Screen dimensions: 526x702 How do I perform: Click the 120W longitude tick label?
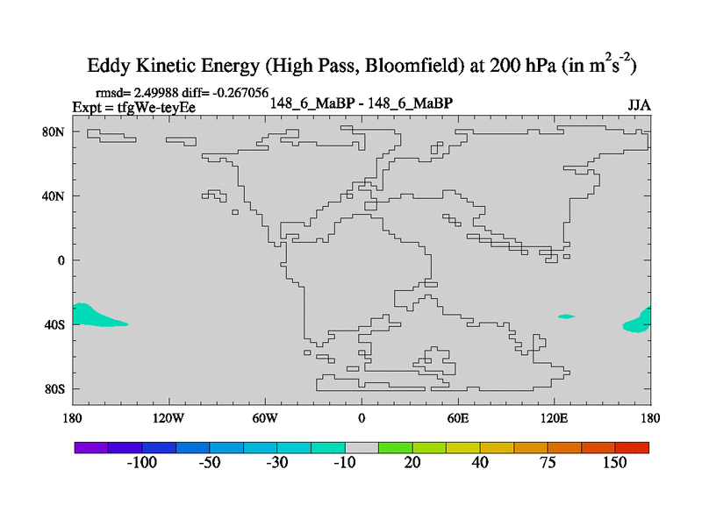tap(168, 418)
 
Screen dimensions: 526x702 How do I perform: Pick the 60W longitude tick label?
tap(265, 418)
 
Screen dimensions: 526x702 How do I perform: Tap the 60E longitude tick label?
tap(458, 418)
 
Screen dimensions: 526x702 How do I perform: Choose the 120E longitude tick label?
tap(555, 418)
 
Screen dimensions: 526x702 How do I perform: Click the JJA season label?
tap(639, 105)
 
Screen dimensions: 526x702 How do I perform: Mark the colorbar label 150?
tap(614, 463)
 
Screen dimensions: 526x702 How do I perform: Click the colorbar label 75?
tap(548, 463)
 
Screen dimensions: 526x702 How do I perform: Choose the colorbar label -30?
tap(277, 463)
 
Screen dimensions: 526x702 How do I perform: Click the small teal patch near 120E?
tap(566, 316)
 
